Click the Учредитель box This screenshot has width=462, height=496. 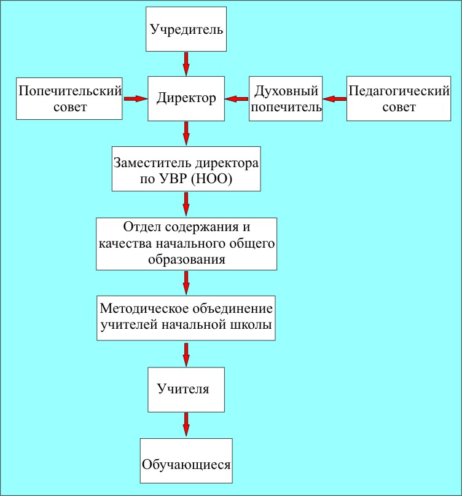click(186, 29)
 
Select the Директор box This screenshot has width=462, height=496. click(186, 98)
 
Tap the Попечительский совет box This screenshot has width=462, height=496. click(69, 99)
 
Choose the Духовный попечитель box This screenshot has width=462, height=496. click(286, 98)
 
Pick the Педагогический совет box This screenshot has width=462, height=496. click(399, 98)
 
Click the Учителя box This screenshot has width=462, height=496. click(186, 390)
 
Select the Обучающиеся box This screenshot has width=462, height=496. click(186, 460)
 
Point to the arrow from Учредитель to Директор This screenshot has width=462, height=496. click(186, 64)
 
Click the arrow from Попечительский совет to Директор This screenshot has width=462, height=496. click(136, 99)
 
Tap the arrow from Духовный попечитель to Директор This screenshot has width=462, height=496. click(237, 99)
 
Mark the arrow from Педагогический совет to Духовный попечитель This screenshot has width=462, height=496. click(335, 99)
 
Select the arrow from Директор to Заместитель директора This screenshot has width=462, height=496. click(186, 133)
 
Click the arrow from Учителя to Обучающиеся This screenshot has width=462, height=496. click(186, 425)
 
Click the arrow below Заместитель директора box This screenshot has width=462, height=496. click(186, 204)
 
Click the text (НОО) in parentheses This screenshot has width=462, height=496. click(211, 179)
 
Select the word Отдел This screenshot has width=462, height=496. click(142, 227)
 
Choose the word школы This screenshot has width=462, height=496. click(254, 325)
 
